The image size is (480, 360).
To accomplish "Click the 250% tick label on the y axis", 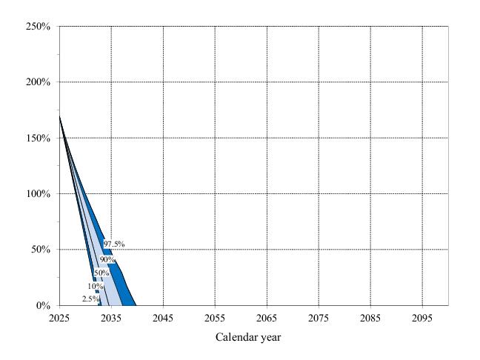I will (x=38, y=27).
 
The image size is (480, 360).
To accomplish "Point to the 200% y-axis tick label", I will (x=38, y=82).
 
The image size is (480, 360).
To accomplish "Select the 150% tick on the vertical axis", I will (x=38, y=139).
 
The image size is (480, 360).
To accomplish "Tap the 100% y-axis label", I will (x=38, y=194).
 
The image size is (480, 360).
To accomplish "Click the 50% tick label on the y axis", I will (x=40, y=250).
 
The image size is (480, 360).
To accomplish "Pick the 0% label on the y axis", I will (x=43, y=305).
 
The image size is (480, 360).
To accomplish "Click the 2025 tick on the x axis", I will (x=59, y=319).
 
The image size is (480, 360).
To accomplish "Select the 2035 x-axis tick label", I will (x=111, y=319).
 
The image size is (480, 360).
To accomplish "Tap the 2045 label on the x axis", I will (x=163, y=319).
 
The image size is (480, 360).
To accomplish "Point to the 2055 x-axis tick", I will (x=215, y=319).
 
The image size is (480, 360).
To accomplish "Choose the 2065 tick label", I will (x=267, y=319).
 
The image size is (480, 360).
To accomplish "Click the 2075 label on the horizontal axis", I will (x=319, y=319).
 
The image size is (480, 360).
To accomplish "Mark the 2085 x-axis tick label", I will (x=370, y=319).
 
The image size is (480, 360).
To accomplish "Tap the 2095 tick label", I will (x=422, y=319).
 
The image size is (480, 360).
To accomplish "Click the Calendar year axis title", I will (x=248, y=338).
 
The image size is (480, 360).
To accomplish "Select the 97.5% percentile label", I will (x=114, y=244).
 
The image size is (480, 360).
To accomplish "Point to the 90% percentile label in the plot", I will (x=107, y=260).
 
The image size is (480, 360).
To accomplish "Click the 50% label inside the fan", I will (x=101, y=273).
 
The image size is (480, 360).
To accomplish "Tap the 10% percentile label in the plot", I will (x=95, y=286).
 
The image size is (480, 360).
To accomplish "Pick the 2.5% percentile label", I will (x=90, y=299).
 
